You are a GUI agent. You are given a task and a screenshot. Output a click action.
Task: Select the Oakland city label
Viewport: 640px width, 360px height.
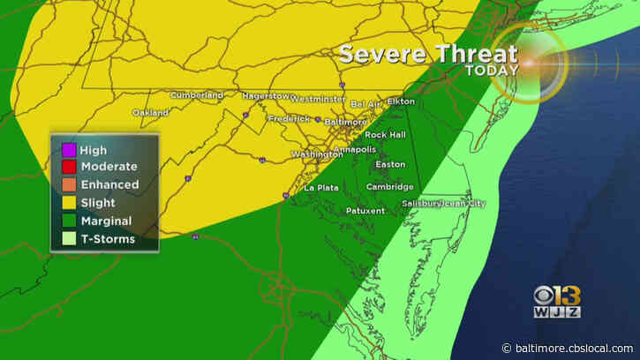tap(151, 113)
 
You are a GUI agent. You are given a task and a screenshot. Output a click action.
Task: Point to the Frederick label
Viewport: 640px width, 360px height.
tap(289, 118)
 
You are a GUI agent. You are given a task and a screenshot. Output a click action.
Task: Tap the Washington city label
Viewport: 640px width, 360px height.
tap(316, 154)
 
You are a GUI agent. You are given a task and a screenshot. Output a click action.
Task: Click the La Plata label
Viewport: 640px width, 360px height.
tap(322, 188)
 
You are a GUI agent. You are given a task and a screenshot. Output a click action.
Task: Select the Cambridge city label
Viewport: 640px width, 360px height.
tap(389, 187)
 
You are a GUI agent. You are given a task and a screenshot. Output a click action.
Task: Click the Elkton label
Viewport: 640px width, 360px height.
tap(400, 101)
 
